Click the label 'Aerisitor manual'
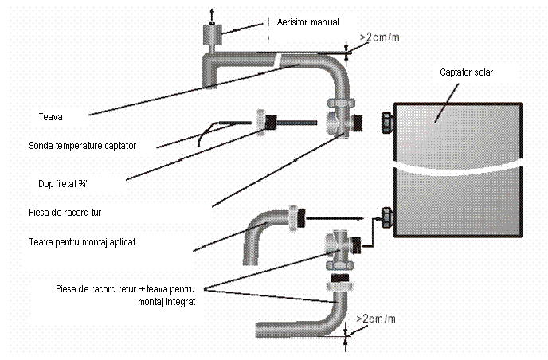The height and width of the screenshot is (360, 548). coord(307,22)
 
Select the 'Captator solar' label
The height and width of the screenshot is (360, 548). coord(467,72)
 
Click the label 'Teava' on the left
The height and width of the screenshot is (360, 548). coord(50,117)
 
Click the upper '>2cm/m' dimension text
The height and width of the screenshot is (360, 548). coord(379,37)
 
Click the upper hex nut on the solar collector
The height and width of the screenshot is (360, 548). coord(385,121)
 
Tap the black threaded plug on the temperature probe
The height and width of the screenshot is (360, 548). coord(272,122)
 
